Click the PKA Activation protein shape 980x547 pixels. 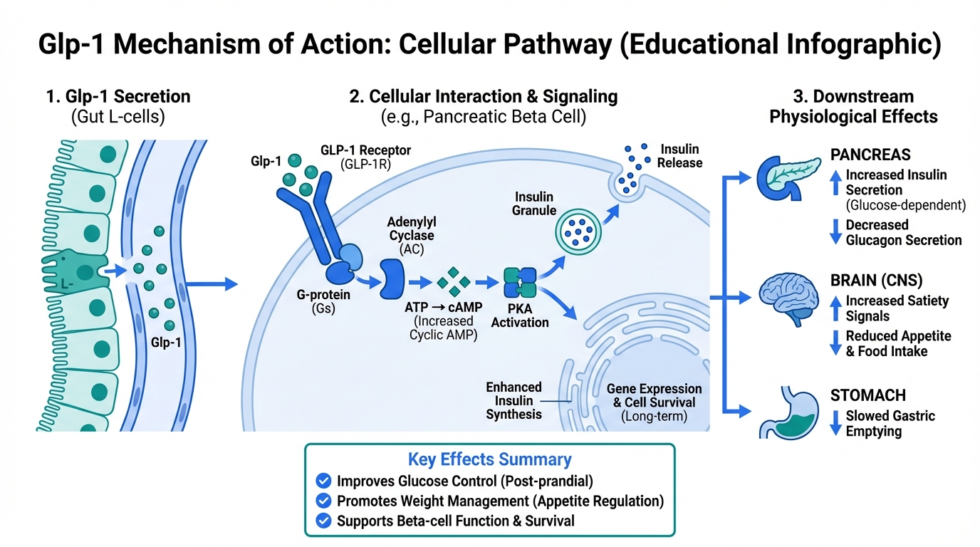click(520, 283)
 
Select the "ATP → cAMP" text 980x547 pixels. click(444, 308)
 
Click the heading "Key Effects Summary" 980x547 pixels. click(489, 459)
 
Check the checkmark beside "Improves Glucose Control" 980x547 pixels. click(323, 481)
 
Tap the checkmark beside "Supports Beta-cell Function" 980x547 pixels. click(323, 521)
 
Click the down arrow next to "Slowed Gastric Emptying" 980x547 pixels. click(835, 424)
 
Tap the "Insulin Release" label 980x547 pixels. click(680, 156)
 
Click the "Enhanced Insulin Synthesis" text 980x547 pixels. click(514, 400)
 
